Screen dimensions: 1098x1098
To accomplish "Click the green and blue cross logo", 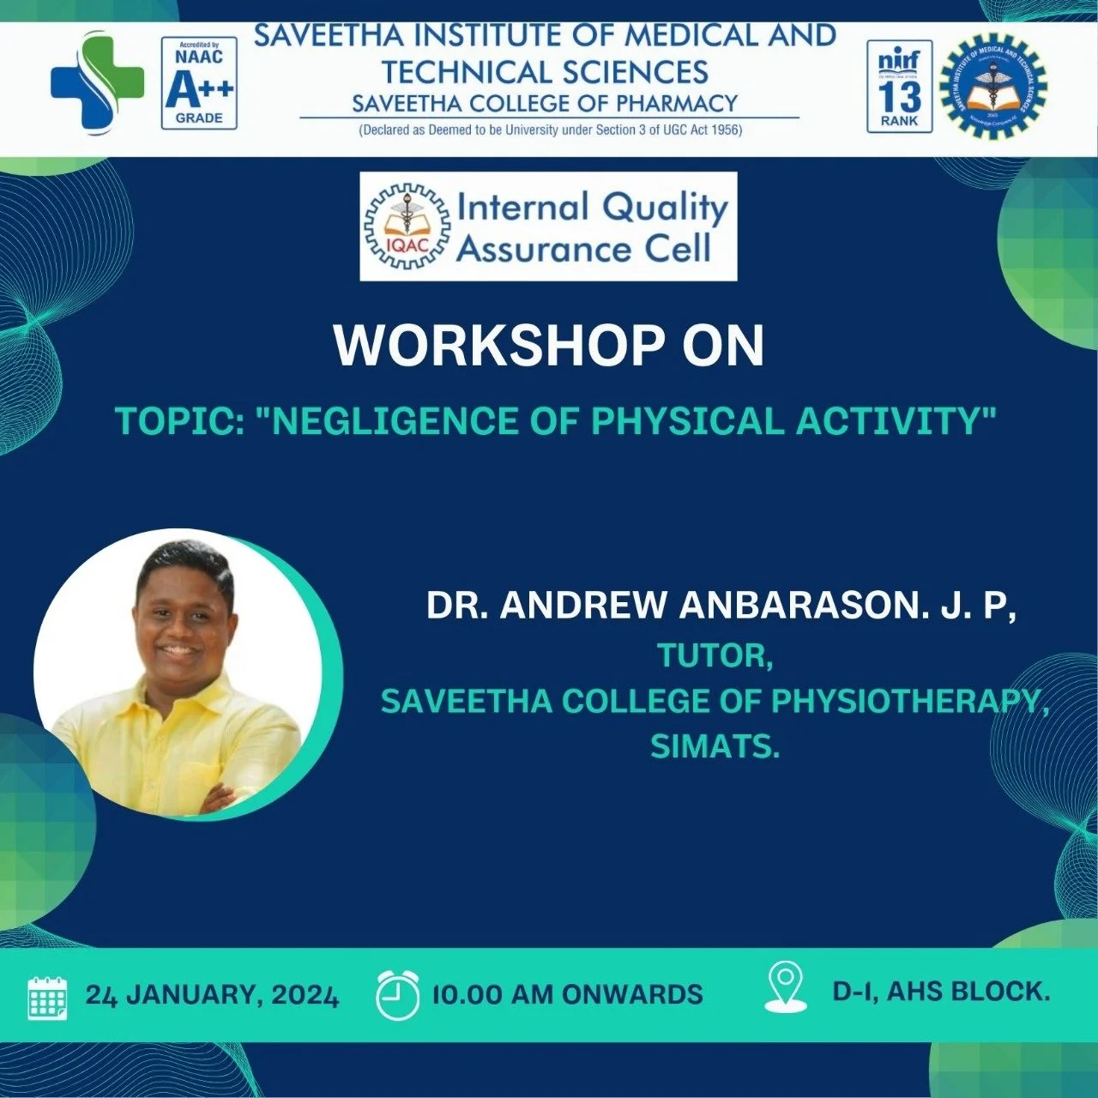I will [x=96, y=82].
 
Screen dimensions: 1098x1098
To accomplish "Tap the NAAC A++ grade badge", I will [x=199, y=83].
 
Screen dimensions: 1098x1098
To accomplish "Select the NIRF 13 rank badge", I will [x=899, y=86].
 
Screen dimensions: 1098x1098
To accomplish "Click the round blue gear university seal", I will [x=993, y=86].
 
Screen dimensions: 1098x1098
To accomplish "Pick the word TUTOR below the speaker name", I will [x=714, y=655].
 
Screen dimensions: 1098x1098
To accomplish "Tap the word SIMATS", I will [x=714, y=746].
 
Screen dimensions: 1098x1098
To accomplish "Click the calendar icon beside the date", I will [x=48, y=997].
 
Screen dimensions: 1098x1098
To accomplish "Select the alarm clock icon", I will [x=398, y=995].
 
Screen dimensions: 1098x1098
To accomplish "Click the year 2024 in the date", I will [x=305, y=995].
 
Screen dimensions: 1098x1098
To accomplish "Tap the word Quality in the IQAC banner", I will [x=665, y=208].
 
